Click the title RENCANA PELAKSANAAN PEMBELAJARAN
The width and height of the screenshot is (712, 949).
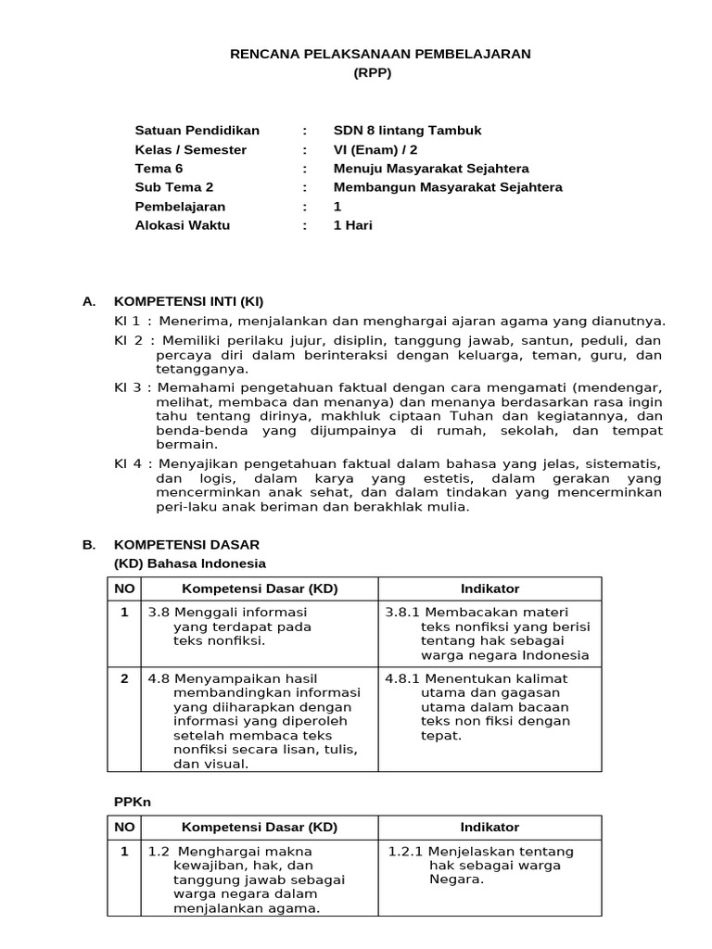click(x=380, y=55)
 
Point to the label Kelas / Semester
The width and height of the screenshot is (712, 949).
click(x=191, y=149)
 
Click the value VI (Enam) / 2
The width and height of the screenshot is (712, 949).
click(x=380, y=149)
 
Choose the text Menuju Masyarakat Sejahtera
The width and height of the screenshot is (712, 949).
click(x=431, y=169)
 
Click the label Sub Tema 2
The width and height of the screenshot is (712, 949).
click(x=174, y=187)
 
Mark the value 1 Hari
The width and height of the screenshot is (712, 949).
click(x=353, y=225)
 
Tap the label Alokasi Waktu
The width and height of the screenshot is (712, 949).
click(x=183, y=225)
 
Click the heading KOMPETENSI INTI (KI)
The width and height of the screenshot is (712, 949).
click(x=189, y=301)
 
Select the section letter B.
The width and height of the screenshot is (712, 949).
click(x=89, y=545)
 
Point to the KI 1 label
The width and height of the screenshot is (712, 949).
click(x=127, y=322)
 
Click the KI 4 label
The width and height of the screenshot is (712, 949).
click(x=127, y=462)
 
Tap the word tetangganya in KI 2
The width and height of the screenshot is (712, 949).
click(x=189, y=368)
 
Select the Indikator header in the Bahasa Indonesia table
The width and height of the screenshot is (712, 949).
click(x=489, y=589)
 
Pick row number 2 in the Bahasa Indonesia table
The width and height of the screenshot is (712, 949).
click(x=124, y=679)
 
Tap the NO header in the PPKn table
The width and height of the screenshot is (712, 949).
click(x=124, y=828)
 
